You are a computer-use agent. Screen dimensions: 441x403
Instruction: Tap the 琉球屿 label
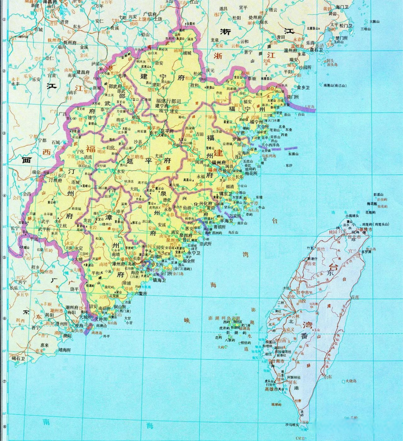[276, 404]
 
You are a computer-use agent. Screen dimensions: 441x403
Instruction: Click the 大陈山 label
[376, 21]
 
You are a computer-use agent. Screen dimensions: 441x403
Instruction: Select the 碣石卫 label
[19, 358]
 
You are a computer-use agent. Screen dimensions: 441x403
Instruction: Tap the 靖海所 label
[64, 350]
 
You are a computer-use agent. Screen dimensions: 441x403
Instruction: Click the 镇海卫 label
[159, 280]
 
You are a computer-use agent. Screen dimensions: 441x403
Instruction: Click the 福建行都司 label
[168, 101]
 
